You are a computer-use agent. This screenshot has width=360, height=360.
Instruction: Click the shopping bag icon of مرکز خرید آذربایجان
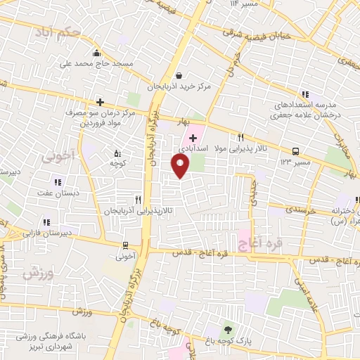pos(180,75)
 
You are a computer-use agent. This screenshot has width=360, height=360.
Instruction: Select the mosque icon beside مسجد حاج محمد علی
pos(96,53)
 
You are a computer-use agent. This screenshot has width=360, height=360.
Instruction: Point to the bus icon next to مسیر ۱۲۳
pos(295,151)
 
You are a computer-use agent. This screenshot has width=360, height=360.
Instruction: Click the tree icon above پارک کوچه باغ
pos(226,329)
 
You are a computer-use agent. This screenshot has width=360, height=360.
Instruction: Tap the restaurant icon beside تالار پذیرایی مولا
pos(241,138)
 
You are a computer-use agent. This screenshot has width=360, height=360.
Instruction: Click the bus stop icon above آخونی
pos(125,245)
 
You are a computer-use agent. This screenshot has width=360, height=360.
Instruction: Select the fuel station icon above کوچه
pos(117,153)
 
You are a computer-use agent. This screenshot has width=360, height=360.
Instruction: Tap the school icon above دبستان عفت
pos(39,182)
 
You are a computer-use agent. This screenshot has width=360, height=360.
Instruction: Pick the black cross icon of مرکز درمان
pos(100,101)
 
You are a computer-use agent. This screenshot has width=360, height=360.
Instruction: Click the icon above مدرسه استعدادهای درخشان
pos(304,94)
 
